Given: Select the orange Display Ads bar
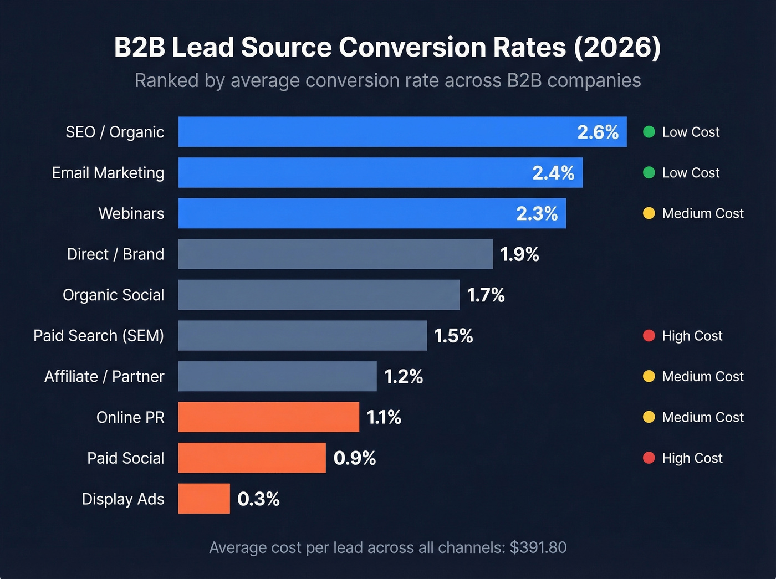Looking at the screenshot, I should [204, 499].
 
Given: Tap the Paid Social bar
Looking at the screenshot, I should [252, 458].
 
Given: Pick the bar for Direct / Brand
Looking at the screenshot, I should [335, 254].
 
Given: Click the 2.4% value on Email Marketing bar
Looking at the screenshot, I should [553, 173].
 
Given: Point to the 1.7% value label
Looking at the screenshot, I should [486, 295].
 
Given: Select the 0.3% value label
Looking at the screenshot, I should [258, 499].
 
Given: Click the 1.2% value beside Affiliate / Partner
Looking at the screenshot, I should [404, 377].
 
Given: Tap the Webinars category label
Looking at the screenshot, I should [131, 214].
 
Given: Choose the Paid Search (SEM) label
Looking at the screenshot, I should [99, 336].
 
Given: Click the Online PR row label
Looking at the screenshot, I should [130, 417].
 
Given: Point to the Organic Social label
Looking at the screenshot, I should [114, 295].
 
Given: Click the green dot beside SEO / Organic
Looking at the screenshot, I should [649, 132].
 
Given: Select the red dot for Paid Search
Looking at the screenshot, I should [649, 336].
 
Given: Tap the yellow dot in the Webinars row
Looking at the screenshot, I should [649, 213].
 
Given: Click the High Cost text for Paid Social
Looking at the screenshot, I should [692, 458].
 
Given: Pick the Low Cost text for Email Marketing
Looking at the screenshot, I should [691, 173].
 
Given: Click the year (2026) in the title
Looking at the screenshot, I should [617, 48].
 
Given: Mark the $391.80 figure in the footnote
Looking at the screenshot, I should [538, 548].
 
